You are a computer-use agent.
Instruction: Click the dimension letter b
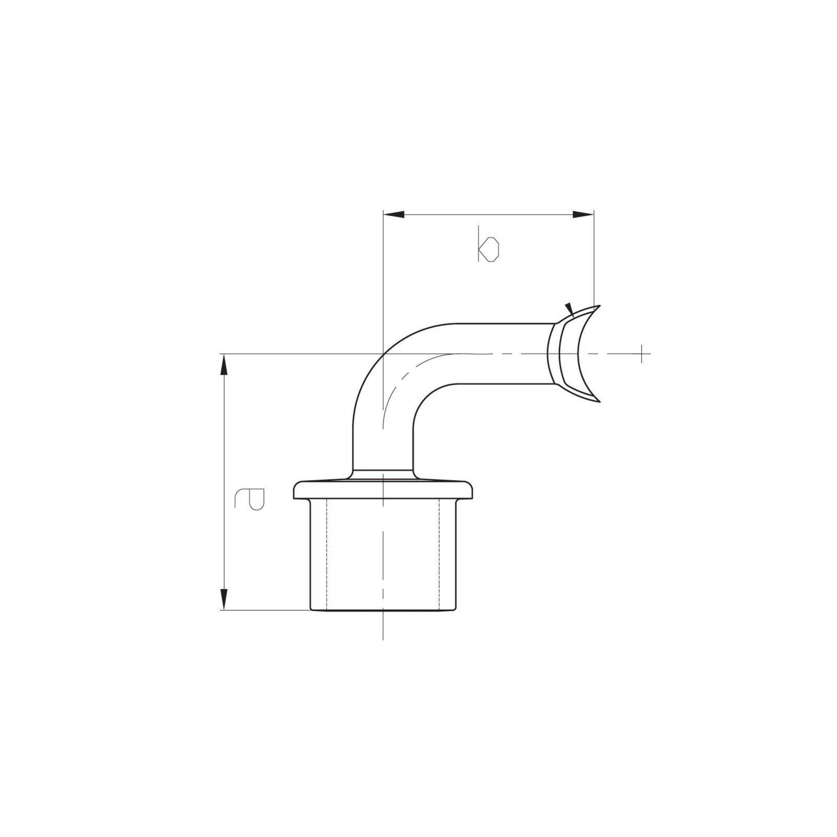pos(488,244)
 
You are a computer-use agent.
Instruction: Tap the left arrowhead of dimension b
pos(394,214)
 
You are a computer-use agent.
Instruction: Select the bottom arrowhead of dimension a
pos(224,600)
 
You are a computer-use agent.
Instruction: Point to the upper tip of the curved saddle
pos(600,305)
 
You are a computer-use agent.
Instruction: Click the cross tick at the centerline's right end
pos(642,354)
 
